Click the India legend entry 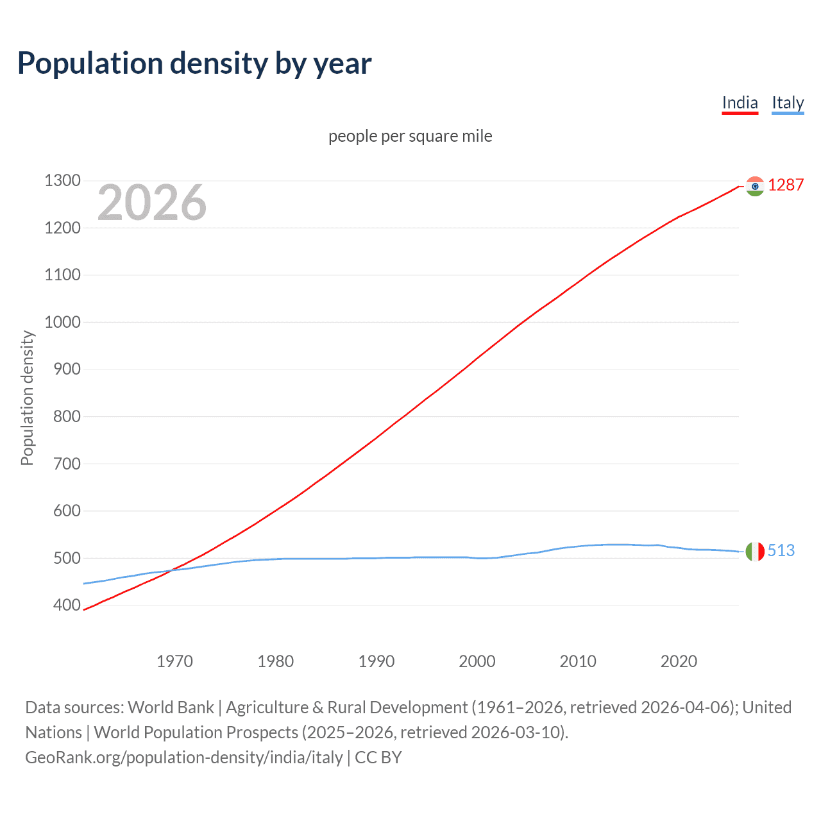point(740,103)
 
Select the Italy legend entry point(788,103)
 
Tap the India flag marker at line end point(755,186)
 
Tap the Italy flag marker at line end point(755,551)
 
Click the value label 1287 point(786,185)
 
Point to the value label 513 point(781,550)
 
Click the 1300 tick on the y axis point(62,181)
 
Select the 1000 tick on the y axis point(62,323)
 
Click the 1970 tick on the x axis point(174,661)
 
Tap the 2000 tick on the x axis point(477,661)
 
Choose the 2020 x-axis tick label point(679,661)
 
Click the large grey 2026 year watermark point(152,203)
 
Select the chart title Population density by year point(194,63)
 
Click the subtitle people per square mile point(410,137)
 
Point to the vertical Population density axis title point(27,398)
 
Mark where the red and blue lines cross point(174,570)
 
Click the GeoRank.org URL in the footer point(184,758)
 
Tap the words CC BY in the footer point(378,758)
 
